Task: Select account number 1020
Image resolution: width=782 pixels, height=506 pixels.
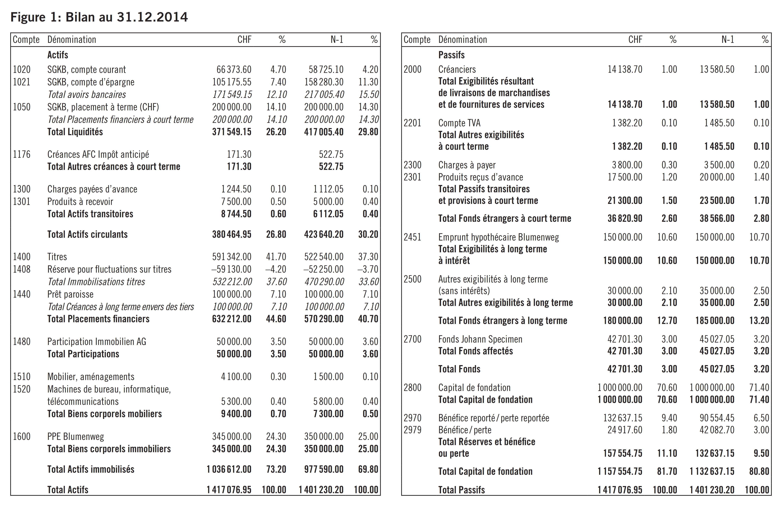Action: coord(22,70)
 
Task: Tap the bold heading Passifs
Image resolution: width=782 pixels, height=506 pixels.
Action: coord(451,55)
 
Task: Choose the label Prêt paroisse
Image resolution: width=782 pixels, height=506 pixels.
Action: coord(70,294)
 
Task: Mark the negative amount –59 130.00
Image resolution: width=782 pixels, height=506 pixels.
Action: coord(231,269)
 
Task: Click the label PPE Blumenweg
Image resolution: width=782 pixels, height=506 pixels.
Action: coord(75,437)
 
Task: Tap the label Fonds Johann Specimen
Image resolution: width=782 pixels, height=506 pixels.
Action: coord(480,339)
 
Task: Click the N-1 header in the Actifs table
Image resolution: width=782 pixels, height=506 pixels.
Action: coord(337,40)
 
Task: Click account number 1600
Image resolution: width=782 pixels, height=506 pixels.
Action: coord(22,437)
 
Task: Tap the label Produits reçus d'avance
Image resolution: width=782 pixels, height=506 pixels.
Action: coord(481,177)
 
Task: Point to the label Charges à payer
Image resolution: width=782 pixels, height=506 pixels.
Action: coord(467,165)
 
